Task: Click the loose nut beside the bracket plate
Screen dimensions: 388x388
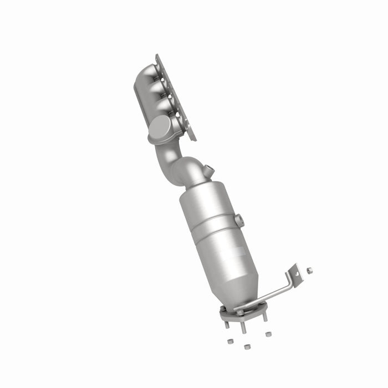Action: click(309, 270)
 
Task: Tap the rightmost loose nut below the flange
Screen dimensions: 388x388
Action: click(268, 334)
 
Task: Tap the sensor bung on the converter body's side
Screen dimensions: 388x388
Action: click(239, 220)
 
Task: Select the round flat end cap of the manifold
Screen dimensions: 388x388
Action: click(159, 127)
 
